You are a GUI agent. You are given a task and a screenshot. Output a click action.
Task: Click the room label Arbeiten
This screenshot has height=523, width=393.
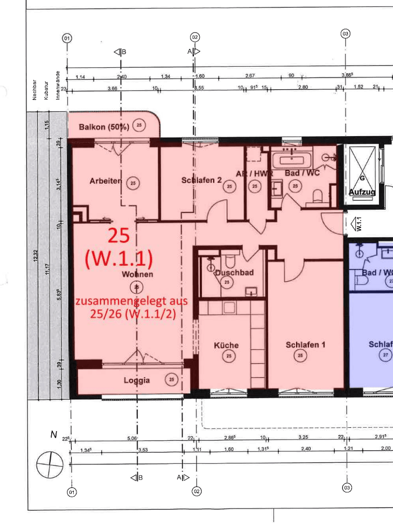point(106,181)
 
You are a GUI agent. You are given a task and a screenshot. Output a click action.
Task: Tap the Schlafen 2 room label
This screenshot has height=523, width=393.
point(201,181)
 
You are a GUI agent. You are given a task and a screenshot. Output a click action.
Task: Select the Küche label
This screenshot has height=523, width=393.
point(226,345)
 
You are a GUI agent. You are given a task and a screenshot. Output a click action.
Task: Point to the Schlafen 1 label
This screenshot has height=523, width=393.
point(305,344)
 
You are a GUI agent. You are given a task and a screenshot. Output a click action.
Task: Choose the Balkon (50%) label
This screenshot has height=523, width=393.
point(104,127)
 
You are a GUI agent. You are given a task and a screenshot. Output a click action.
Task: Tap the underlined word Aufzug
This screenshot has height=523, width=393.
point(362,192)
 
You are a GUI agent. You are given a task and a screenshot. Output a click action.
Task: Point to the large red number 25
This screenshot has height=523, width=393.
point(119,236)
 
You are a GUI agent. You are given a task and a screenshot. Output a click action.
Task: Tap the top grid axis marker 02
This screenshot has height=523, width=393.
point(195,37)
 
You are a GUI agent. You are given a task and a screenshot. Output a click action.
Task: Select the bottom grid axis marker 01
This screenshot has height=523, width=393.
point(71,491)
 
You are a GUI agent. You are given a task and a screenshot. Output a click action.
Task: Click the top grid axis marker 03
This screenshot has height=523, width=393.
point(346,33)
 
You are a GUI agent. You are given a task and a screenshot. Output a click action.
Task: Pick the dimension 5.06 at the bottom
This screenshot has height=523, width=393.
point(132,439)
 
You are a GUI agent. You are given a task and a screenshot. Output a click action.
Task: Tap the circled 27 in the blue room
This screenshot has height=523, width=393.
point(385,355)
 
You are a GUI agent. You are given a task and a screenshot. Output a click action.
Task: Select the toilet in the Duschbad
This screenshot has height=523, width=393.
point(229,261)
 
